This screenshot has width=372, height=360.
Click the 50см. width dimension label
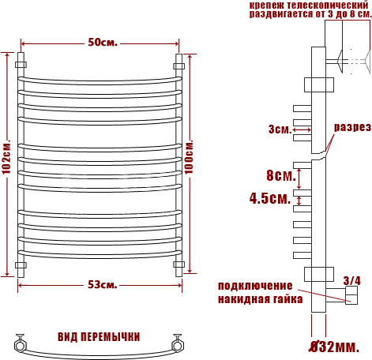click(x=103, y=42)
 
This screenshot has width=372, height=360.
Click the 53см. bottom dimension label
click(x=103, y=284)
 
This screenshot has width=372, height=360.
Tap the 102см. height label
click(x=6, y=157)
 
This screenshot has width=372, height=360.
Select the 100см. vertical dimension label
click(x=189, y=157)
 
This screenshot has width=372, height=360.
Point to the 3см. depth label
click(x=280, y=129)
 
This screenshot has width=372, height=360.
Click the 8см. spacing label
click(x=281, y=175)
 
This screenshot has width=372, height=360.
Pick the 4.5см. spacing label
click(x=270, y=198)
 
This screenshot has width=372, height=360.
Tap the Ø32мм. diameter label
click(x=334, y=347)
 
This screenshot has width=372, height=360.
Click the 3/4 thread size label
click(x=352, y=280)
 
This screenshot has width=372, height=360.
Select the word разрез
click(x=352, y=127)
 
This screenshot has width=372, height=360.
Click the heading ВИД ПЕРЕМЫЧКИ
click(x=99, y=337)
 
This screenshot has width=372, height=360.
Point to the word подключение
click(x=255, y=286)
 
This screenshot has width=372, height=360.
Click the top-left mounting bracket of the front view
click(x=21, y=65)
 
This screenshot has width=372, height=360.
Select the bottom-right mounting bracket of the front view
click(x=179, y=264)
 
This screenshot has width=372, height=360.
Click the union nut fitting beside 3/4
click(x=351, y=295)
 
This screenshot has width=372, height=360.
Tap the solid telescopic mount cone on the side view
click(x=340, y=62)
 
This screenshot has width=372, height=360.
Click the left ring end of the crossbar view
click(x=20, y=345)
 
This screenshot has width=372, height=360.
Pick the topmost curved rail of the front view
click(x=100, y=81)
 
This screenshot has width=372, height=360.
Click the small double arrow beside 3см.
click(x=302, y=129)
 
